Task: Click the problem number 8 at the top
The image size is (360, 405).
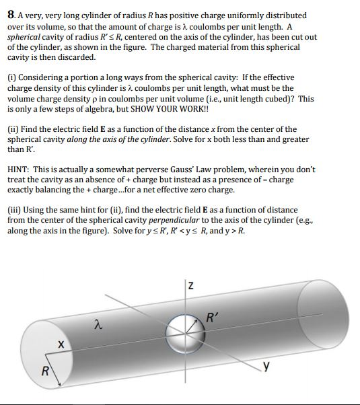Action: (10, 15)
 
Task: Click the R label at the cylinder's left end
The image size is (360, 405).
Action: (45, 371)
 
